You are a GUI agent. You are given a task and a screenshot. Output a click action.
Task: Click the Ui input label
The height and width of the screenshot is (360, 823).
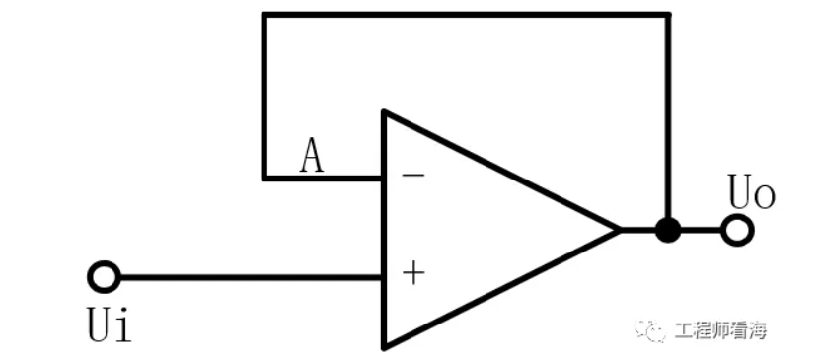(x=109, y=325)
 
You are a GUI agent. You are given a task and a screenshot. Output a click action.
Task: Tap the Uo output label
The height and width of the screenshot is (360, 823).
(x=751, y=192)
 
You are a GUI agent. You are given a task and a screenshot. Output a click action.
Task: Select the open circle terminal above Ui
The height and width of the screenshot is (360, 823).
(x=104, y=277)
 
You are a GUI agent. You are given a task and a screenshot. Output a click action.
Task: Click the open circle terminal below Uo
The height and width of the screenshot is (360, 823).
(x=736, y=231)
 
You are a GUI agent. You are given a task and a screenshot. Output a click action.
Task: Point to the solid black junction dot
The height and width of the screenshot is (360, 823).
(x=668, y=231)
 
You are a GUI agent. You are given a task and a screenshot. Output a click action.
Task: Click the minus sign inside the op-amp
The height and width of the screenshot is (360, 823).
(x=414, y=177)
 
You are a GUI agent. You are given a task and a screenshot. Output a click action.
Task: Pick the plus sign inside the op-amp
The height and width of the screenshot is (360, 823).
(x=414, y=273)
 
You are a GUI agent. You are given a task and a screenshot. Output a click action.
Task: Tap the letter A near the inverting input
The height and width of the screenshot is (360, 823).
(x=311, y=157)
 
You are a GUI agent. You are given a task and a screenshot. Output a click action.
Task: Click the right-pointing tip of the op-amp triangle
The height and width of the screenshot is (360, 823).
(x=619, y=230)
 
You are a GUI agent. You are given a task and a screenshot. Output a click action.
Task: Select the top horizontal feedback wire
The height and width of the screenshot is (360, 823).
(x=464, y=15)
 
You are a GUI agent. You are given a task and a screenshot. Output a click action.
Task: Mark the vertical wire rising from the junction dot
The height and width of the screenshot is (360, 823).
(x=668, y=118)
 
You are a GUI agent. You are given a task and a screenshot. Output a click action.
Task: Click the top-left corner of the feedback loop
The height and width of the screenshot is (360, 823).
(x=263, y=15)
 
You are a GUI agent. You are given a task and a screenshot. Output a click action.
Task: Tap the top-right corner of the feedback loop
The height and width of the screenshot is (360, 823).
(x=668, y=15)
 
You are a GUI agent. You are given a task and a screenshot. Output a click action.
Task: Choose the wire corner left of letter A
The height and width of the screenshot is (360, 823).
(x=263, y=178)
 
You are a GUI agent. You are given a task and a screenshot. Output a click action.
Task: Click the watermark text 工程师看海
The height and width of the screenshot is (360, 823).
(x=720, y=330)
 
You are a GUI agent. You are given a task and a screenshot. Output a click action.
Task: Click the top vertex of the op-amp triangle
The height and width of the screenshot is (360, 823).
(x=385, y=112)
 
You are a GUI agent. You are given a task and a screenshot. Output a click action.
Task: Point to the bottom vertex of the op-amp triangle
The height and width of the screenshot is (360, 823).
(x=385, y=346)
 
